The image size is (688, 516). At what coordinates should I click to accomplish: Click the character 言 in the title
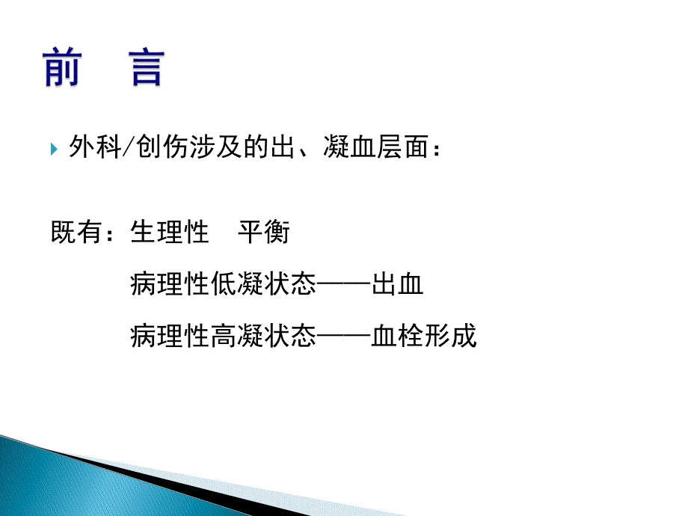click(x=141, y=68)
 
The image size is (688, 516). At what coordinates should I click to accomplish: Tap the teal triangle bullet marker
click(x=54, y=150)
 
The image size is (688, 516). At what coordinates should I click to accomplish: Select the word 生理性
click(x=169, y=233)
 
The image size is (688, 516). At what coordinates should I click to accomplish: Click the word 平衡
click(x=263, y=233)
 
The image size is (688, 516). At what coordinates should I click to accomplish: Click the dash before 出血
click(x=344, y=285)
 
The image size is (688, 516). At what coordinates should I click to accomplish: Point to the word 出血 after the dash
click(x=398, y=285)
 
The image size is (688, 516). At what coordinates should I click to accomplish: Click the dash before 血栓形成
click(x=344, y=336)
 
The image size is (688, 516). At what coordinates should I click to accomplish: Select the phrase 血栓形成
click(x=424, y=336)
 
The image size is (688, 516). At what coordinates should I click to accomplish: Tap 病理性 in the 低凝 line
click(x=169, y=285)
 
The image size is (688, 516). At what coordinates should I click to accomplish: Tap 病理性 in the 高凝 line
click(x=169, y=336)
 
